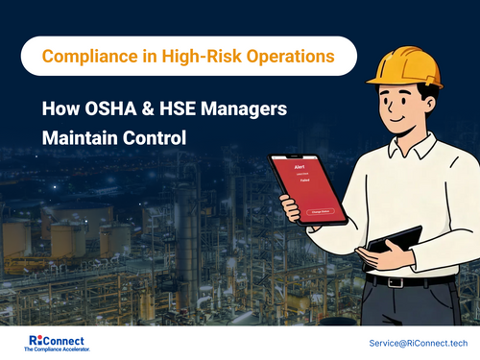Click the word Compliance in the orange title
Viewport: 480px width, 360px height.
pyautogui.click(x=87, y=57)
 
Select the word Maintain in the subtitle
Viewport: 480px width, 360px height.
pyautogui.click(x=84, y=137)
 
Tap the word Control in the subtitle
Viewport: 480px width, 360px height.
pyautogui.click(x=156, y=137)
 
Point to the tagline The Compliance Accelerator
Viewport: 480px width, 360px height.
pyautogui.click(x=57, y=350)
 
